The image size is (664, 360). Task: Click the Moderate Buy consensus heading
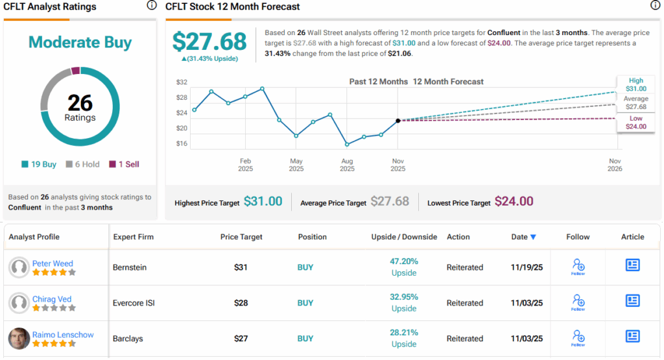(80, 43)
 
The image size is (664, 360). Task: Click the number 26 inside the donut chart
(80, 102)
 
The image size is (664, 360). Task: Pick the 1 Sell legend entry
(123, 164)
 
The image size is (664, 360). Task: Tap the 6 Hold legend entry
(82, 164)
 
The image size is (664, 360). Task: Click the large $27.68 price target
(209, 42)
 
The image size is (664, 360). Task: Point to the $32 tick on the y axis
(182, 82)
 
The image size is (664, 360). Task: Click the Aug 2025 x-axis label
(347, 165)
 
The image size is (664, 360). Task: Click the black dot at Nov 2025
(397, 121)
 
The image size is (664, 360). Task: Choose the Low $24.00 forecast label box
(635, 123)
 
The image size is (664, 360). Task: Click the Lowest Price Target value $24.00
(514, 202)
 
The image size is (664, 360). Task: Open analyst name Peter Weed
(53, 263)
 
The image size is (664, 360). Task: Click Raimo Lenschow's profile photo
(19, 339)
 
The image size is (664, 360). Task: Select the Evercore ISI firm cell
(134, 303)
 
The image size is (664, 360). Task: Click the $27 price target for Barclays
(241, 339)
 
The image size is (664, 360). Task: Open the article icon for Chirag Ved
(633, 300)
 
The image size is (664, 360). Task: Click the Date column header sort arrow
(533, 237)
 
